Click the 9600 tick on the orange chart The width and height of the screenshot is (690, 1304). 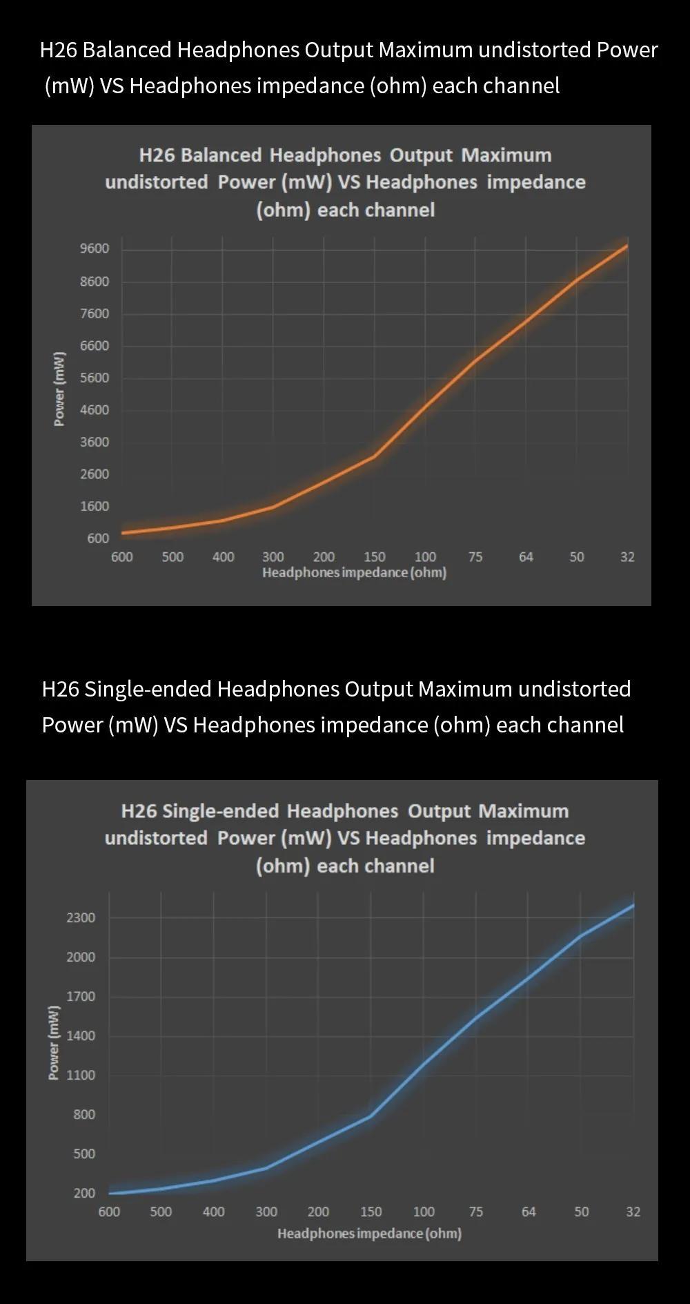pos(95,249)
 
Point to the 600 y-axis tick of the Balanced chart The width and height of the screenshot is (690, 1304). pos(98,538)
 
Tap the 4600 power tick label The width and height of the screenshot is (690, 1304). pos(95,410)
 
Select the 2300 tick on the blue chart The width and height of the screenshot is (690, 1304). pos(81,917)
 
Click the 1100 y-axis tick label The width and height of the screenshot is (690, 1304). pos(81,1075)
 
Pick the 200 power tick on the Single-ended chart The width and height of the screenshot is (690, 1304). pos(84,1193)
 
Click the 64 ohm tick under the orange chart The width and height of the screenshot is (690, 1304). pos(526,557)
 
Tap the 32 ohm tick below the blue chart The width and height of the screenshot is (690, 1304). pos(633,1211)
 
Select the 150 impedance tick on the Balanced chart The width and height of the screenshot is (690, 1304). pos(375,557)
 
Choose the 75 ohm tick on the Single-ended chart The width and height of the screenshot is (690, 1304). pos(476,1211)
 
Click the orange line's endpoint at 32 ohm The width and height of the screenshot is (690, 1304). pos(627,246)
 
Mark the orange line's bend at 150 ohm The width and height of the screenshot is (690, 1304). pos(374,456)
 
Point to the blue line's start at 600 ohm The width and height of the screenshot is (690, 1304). pos(110,1193)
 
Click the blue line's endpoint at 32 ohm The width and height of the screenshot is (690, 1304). pos(633,905)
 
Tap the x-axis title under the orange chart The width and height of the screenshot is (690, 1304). pos(354,573)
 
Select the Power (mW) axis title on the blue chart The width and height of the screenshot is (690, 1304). pos(54,1042)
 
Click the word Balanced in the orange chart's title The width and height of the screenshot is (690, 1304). pos(221,155)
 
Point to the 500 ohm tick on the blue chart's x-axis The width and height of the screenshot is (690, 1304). pos(161,1211)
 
